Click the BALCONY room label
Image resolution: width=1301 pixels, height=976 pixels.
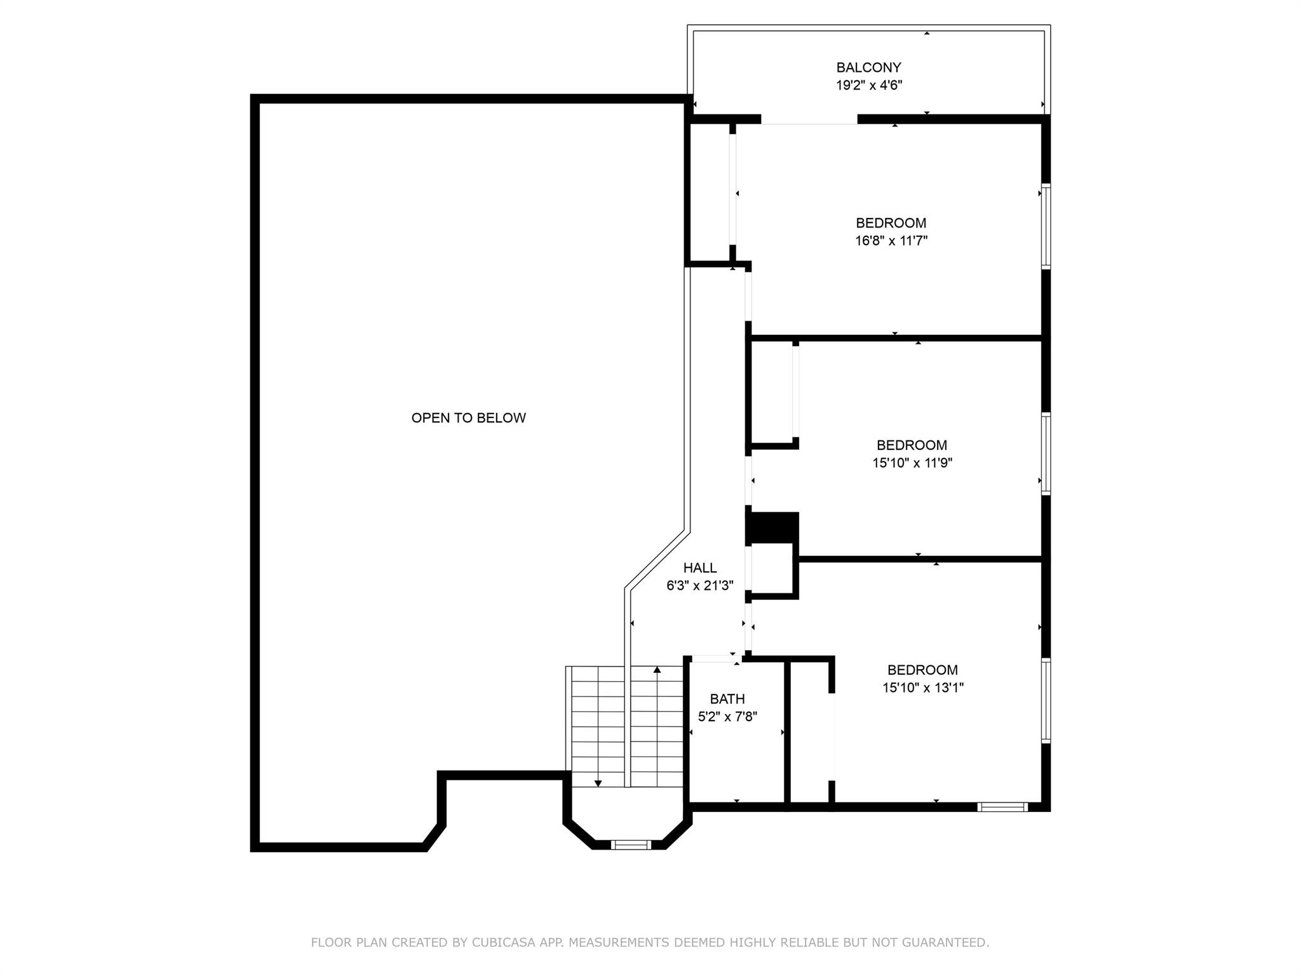click(x=868, y=67)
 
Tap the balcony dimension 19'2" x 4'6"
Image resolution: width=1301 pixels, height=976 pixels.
click(x=868, y=85)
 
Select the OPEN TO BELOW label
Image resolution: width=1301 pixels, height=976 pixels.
click(x=469, y=418)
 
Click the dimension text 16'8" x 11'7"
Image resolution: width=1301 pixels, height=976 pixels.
click(x=891, y=241)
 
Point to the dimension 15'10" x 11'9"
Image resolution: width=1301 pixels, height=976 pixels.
click(x=912, y=463)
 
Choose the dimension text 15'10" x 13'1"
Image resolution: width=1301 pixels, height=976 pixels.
click(x=923, y=688)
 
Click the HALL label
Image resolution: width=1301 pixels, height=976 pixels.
click(x=700, y=568)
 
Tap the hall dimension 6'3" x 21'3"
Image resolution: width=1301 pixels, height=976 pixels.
click(x=700, y=586)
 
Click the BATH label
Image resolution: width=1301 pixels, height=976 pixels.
click(x=727, y=699)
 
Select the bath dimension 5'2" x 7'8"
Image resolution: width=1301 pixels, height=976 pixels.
click(x=727, y=717)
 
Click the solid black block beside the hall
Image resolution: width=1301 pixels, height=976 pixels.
click(x=772, y=528)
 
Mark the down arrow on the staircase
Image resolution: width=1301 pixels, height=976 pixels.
click(x=598, y=783)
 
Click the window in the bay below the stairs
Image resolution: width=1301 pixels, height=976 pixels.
click(x=631, y=844)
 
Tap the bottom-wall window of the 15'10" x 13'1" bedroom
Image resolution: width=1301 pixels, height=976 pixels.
click(x=1002, y=807)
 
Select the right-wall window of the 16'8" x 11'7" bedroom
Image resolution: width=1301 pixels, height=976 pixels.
click(x=1046, y=226)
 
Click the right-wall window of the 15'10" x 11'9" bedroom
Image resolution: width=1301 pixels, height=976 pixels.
click(x=1046, y=454)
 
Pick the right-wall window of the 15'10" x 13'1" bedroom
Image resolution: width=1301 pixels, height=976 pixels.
click(x=1046, y=701)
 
